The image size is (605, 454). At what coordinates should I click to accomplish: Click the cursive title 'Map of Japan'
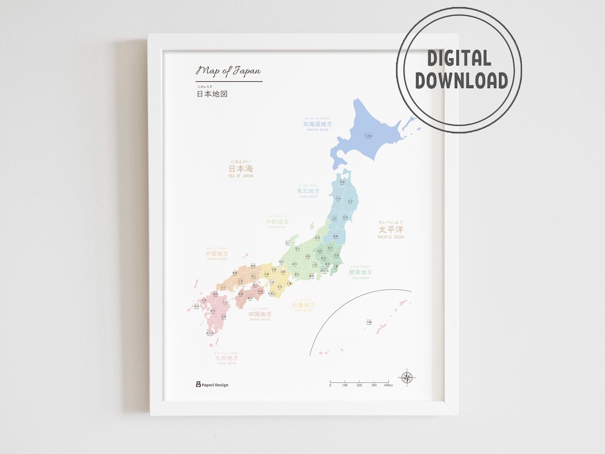228,71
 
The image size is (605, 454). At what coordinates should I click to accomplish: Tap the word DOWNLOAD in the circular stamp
462,80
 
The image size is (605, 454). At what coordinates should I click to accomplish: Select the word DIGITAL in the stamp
459,58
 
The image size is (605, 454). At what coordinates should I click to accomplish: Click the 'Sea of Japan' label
241,169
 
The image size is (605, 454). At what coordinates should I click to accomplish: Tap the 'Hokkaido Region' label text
317,124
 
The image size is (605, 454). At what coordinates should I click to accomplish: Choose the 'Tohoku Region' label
312,191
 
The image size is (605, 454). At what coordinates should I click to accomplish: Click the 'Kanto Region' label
360,272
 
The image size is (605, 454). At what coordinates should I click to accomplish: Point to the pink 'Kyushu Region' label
226,358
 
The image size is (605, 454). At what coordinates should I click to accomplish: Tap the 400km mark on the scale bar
388,385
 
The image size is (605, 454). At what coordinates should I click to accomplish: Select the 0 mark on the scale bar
330,385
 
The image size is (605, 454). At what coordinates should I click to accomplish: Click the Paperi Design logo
212,384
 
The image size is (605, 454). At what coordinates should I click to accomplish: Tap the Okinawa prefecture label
369,322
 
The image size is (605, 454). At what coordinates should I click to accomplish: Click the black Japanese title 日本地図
212,94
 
